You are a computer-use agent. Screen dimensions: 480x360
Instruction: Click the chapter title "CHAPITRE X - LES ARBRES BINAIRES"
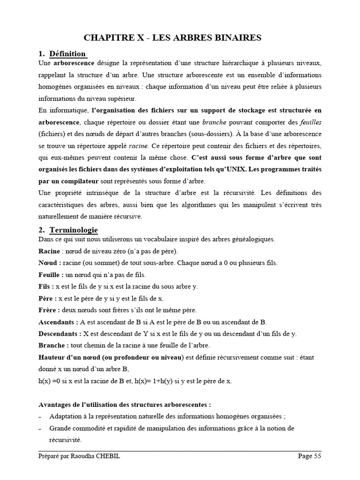180,38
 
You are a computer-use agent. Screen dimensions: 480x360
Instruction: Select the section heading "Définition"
67,53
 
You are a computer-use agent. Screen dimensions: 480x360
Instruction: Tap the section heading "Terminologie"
74,230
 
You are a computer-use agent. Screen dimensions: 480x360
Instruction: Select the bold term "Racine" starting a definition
49,251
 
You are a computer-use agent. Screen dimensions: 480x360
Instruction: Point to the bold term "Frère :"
49,310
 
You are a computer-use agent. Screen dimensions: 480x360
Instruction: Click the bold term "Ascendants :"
58,322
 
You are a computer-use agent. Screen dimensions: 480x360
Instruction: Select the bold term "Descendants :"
60,333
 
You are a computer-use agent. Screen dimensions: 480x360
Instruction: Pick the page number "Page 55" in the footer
310,456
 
